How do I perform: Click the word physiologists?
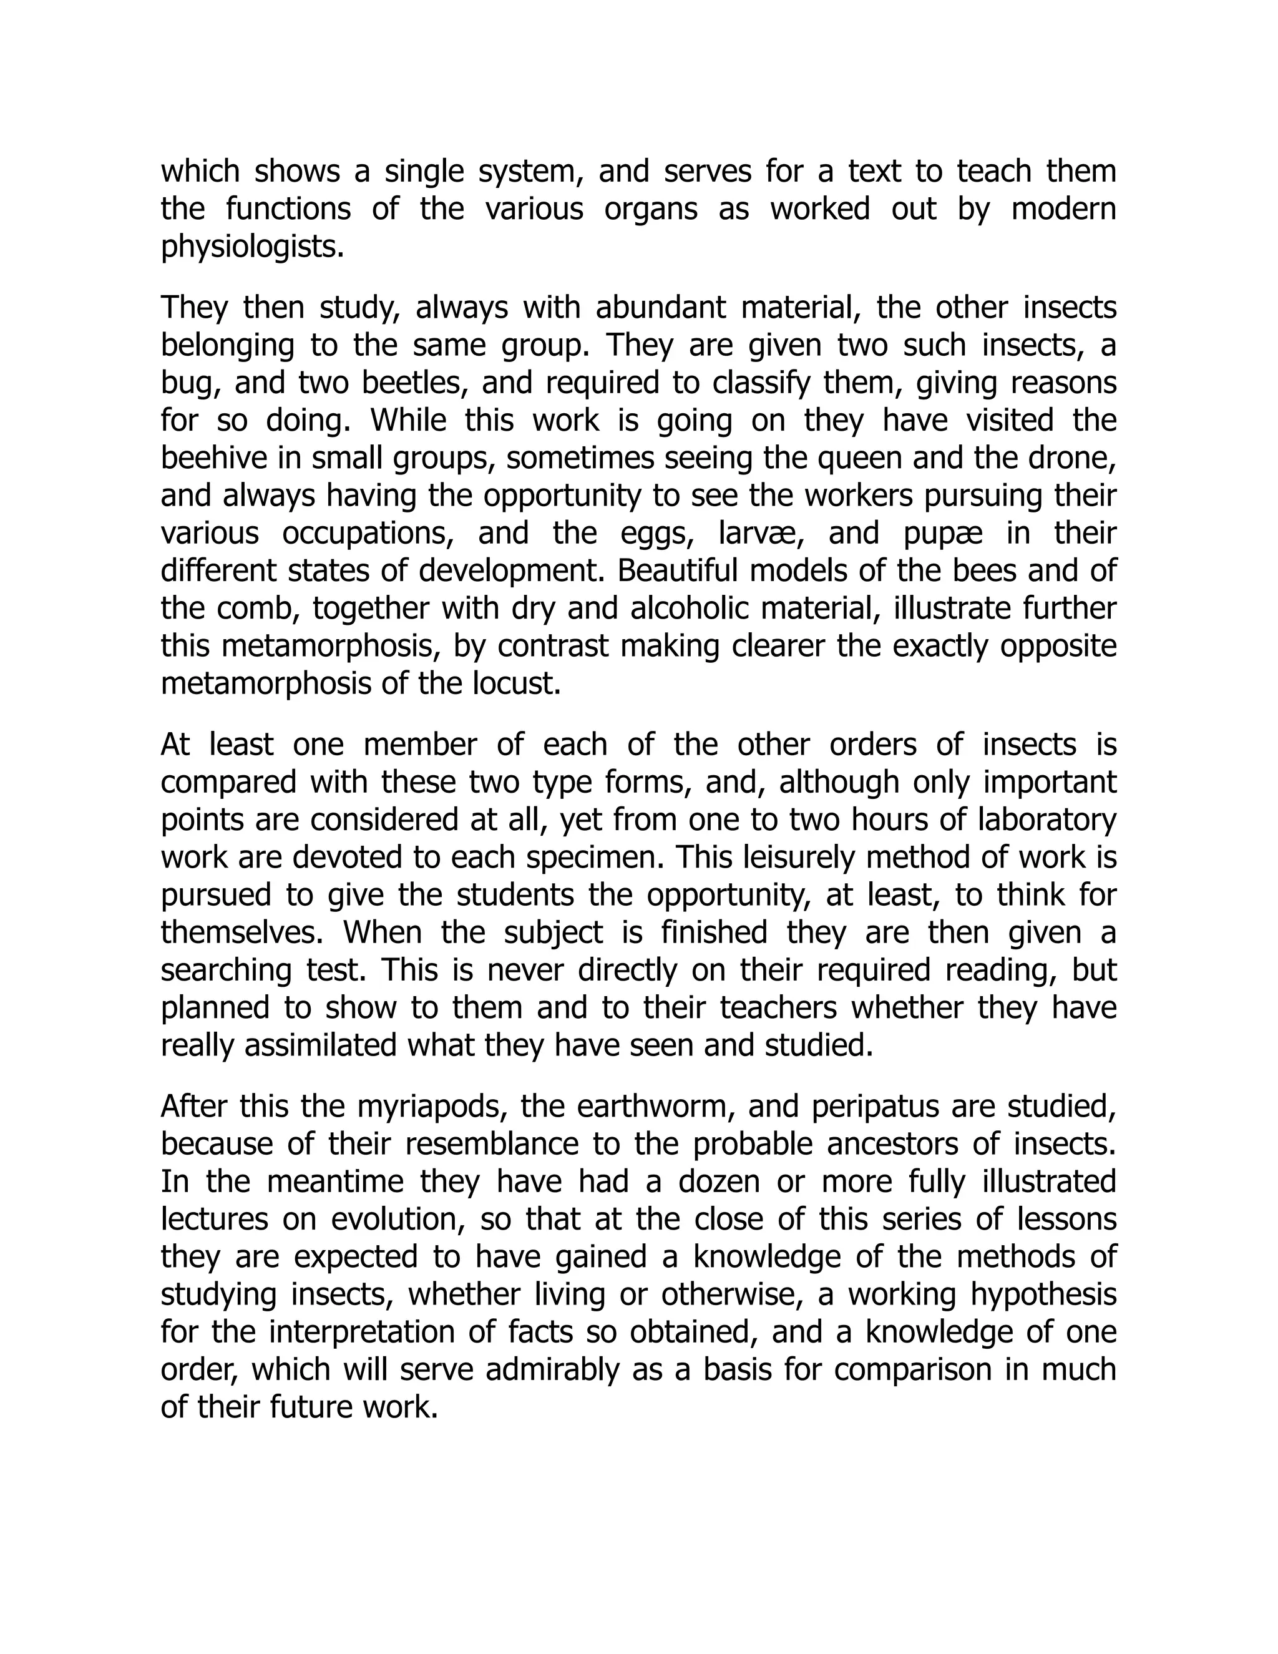tap(252, 247)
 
